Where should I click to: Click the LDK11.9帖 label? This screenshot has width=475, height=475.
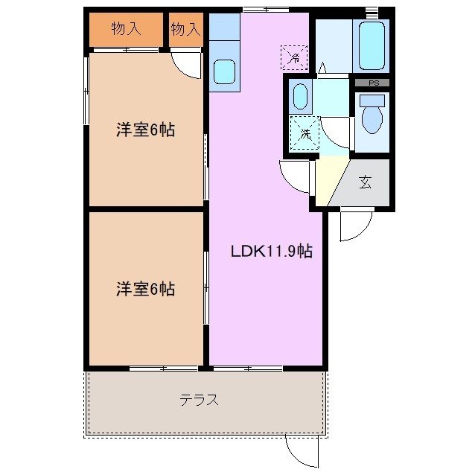[270, 252]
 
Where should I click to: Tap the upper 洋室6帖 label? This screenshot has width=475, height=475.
[145, 130]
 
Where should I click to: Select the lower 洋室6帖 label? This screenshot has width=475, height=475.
[145, 289]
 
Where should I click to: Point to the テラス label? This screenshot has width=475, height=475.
[199, 400]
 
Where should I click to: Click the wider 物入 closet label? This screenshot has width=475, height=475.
[126, 30]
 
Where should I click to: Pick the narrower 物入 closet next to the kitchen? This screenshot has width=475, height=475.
[185, 30]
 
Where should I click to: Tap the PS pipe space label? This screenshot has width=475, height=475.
[372, 83]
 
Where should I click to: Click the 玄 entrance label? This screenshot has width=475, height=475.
[365, 182]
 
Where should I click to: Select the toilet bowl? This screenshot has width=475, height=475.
[371, 118]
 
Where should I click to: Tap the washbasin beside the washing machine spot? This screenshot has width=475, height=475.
[301, 96]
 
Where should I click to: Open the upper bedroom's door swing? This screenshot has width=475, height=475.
[186, 66]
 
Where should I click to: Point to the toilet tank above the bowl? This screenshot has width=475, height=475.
[372, 100]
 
